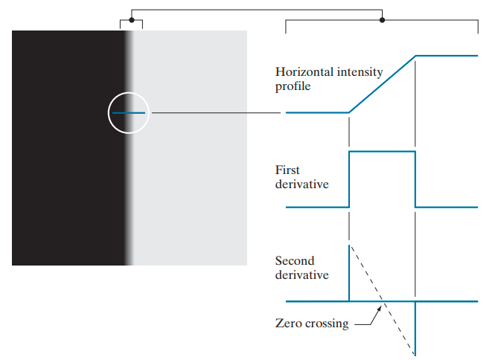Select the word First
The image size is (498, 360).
[287, 170]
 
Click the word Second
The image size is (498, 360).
[295, 261]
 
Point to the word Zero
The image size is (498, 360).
[288, 324]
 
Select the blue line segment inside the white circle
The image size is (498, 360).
[128, 113]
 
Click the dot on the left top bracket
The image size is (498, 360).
[132, 19]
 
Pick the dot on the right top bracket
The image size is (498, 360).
[382, 19]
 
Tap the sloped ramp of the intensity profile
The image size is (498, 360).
[382, 83]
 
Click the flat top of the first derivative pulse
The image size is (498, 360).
[382, 151]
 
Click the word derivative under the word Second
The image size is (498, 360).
[301, 275]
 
